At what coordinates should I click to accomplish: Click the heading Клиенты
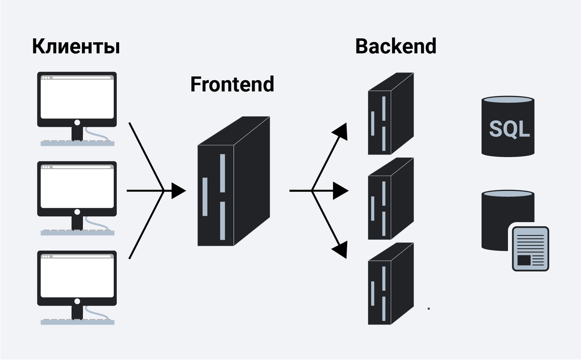pos(76,47)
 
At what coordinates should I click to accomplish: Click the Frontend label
pos(232,84)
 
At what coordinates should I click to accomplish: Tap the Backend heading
pos(396,46)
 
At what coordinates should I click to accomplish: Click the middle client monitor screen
pos(77,186)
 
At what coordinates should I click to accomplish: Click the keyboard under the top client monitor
pos(77,143)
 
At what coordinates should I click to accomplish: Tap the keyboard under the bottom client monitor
pos(77,321)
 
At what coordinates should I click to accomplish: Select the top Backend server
pos(390,114)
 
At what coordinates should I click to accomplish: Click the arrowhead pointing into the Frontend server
pos(179,191)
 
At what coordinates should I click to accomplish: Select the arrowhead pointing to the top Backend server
pos(341,131)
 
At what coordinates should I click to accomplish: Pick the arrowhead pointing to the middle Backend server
pos(341,191)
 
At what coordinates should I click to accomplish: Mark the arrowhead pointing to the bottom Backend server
pos(341,249)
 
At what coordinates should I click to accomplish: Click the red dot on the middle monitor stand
pos(77,212)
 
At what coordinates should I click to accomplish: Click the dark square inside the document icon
pos(524,260)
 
